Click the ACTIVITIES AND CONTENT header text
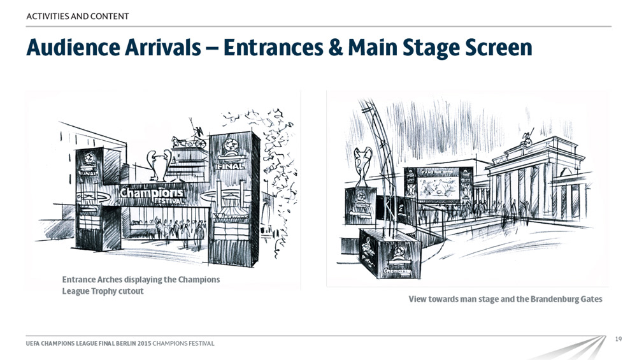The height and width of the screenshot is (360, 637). click(x=78, y=16)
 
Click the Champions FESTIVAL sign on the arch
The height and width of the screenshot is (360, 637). click(x=152, y=194)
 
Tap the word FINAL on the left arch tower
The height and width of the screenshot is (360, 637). click(x=89, y=172)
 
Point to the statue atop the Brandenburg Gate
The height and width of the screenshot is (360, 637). click(x=527, y=138)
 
